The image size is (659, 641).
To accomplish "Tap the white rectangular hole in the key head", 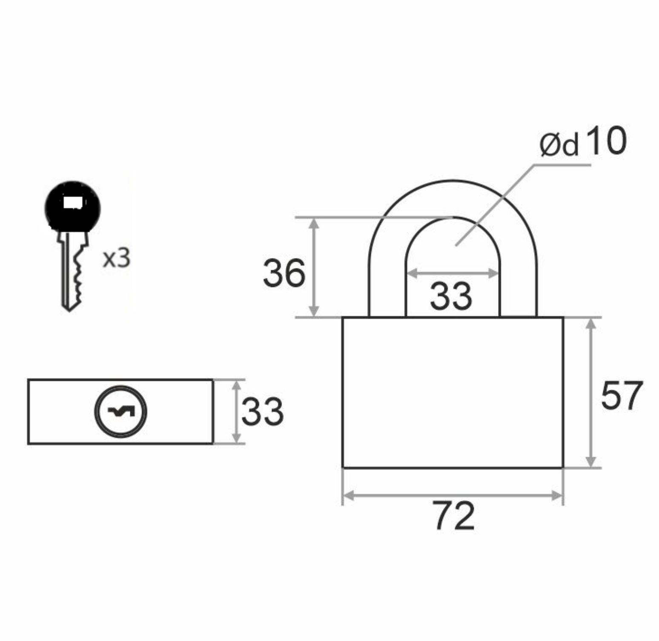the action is click(72, 203).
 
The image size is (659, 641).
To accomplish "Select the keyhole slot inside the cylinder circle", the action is click(121, 411).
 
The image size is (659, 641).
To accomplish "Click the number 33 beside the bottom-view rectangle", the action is click(262, 412).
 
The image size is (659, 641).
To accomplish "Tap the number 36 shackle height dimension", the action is click(284, 273).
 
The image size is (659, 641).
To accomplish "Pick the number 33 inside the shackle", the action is click(451, 295).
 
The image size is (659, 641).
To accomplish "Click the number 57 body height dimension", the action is click(622, 395).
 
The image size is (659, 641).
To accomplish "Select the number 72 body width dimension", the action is click(454, 516).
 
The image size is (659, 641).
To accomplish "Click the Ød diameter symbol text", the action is click(559, 145).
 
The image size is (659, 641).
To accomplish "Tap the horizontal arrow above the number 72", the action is click(453, 495).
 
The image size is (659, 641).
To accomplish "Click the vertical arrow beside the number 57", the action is click(590, 392).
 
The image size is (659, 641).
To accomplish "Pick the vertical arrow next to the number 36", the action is click(314, 267).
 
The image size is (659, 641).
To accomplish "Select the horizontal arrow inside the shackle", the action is click(453, 273).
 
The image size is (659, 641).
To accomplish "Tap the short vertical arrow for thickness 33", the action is click(237, 412).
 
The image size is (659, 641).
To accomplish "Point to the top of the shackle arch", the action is click(453, 180).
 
